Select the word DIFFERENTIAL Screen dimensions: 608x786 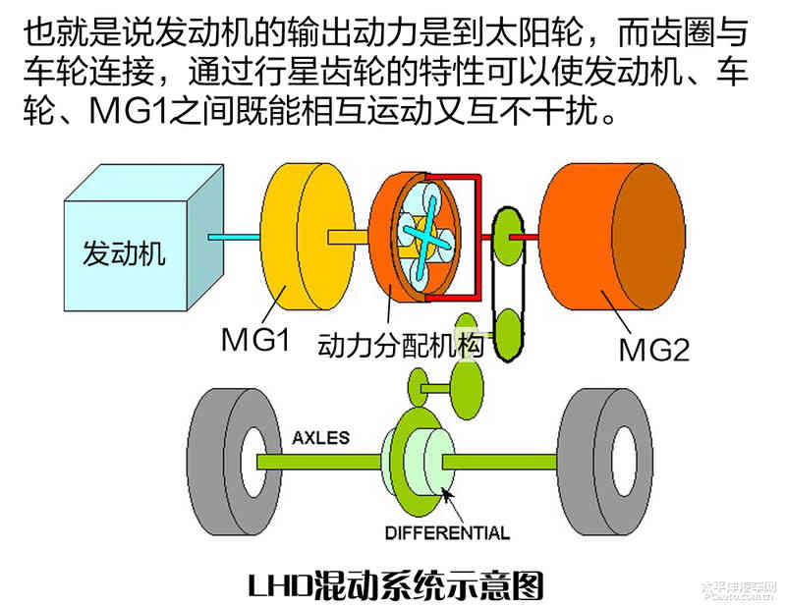pyautogui.click(x=447, y=533)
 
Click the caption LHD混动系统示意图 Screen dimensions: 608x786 pyautogui.click(x=394, y=582)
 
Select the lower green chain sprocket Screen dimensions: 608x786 pyautogui.click(x=509, y=329)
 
